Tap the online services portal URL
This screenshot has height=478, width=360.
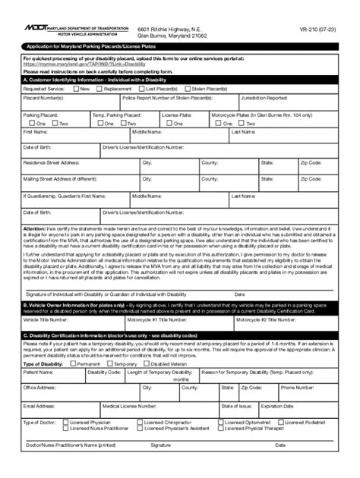click(x=84, y=64)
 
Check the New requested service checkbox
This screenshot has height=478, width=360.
click(x=76, y=88)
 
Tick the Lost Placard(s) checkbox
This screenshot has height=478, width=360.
click(x=142, y=88)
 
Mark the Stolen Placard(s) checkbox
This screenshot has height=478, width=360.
click(x=187, y=88)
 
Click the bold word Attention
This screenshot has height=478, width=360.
click(x=35, y=228)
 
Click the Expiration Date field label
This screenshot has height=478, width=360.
click(x=277, y=406)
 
